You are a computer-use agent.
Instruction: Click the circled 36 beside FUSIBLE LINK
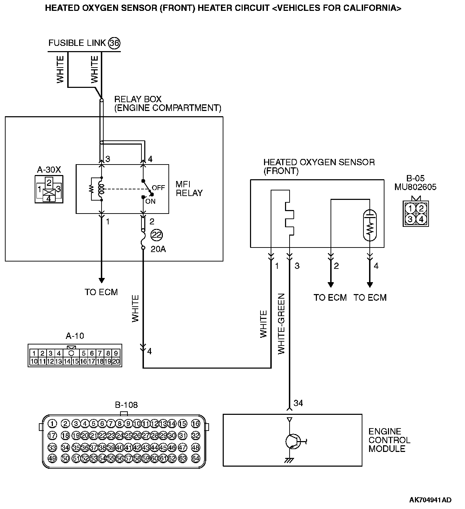pyautogui.click(x=114, y=43)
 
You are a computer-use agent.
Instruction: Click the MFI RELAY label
pyautogui.click(x=189, y=189)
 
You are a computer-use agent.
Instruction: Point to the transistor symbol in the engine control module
pyautogui.click(x=293, y=441)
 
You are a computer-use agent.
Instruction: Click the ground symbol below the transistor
pyautogui.click(x=289, y=461)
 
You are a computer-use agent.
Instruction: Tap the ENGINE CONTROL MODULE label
pyautogui.click(x=389, y=440)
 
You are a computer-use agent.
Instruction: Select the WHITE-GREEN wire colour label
pyautogui.click(x=282, y=324)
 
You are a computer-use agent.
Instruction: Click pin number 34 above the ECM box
pyautogui.click(x=298, y=403)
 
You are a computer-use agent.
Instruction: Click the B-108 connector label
pyautogui.click(x=126, y=405)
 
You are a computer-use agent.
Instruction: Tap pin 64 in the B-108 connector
pyautogui.click(x=195, y=458)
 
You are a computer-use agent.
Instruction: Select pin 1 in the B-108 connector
pyautogui.click(x=52, y=424)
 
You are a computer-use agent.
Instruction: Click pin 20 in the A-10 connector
pyautogui.click(x=116, y=362)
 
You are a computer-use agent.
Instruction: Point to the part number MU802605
pyautogui.click(x=415, y=187)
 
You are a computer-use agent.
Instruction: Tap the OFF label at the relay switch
pyautogui.click(x=158, y=188)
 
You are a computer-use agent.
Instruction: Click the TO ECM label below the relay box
pyautogui.click(x=101, y=292)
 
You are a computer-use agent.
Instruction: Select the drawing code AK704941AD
pyautogui.click(x=430, y=500)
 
